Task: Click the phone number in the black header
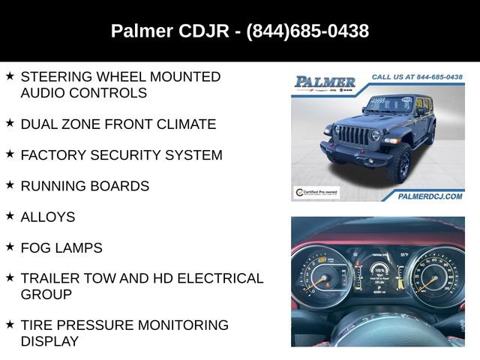coord(307,31)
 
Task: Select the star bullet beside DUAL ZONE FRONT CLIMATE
coord(10,123)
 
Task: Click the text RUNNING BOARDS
coord(85,186)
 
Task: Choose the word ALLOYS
coord(48,217)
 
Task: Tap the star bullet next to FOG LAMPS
coord(10,246)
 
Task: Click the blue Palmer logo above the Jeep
coord(325,82)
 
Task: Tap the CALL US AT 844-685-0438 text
coord(416,76)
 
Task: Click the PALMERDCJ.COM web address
coord(430,195)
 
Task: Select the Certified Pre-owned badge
coord(316,193)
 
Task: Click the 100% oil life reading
coord(379,269)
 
